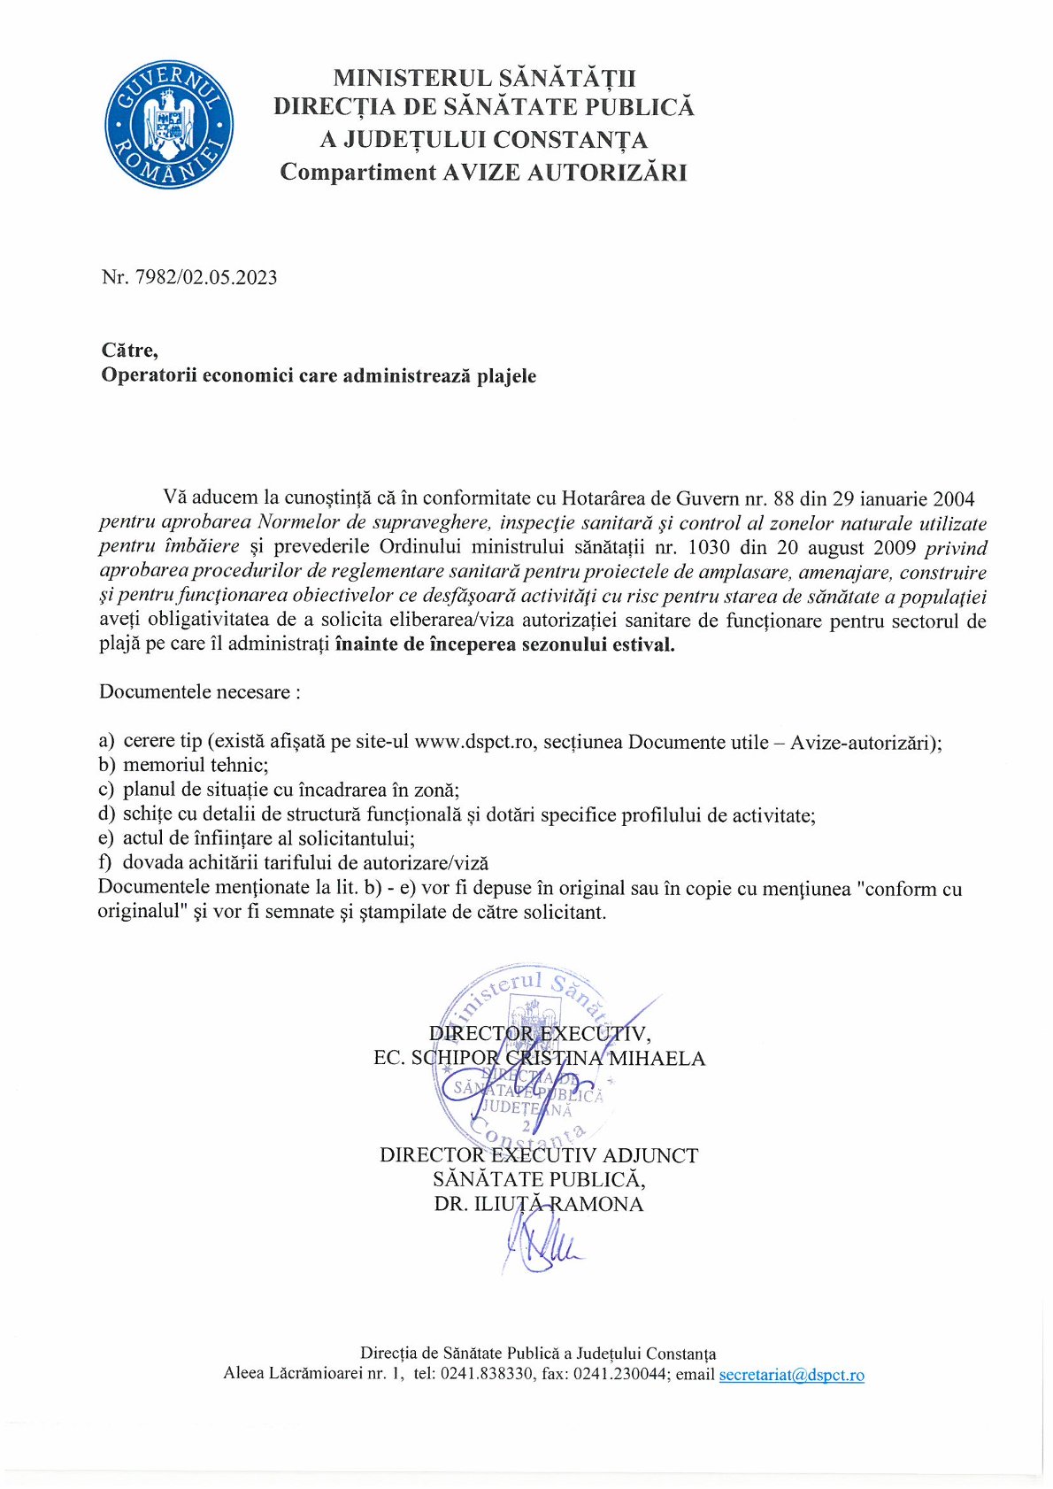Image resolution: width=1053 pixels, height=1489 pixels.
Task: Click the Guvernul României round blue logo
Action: point(170,124)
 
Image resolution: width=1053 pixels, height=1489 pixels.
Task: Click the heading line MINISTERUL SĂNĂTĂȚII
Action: point(484,78)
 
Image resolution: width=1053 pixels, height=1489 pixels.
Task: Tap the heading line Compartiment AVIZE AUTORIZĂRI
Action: point(483,172)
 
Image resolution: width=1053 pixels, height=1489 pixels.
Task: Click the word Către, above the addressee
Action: point(130,351)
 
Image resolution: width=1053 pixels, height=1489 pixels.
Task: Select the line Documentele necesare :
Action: point(200,692)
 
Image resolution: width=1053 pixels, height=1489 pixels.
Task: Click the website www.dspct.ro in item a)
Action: point(475,742)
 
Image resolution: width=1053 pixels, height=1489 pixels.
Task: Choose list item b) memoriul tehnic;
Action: point(183,766)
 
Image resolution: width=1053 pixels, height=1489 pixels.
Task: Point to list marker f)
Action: point(105,863)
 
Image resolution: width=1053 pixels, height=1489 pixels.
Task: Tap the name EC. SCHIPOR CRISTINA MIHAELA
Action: point(539,1059)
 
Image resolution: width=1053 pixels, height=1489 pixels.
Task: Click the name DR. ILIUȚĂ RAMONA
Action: point(538,1204)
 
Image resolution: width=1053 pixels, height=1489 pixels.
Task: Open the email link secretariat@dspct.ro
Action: point(791,1375)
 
